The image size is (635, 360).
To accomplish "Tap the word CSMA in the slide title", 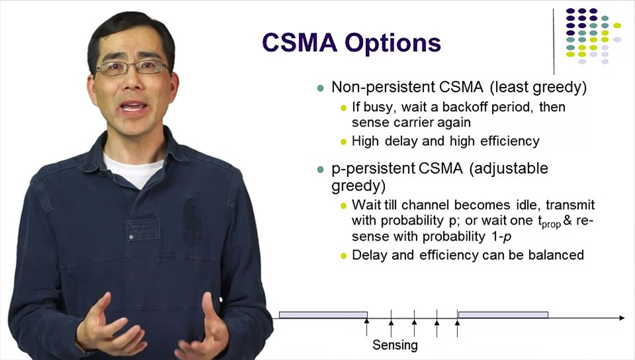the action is click(300, 43).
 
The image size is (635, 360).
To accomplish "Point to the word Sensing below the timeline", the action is click(395, 345).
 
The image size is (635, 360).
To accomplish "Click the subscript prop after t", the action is click(551, 224).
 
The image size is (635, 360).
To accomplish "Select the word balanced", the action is click(556, 255).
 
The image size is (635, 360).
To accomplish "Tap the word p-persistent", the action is click(373, 169).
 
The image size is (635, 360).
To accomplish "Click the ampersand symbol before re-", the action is click(568, 220).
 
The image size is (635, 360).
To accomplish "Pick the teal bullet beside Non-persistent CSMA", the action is click(320, 88).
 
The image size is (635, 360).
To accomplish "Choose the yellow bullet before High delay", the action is click(343, 141).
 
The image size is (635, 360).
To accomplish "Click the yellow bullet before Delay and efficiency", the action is click(343, 256).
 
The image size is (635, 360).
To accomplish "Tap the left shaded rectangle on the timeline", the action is click(323, 314).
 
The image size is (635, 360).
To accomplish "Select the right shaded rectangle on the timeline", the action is click(503, 314).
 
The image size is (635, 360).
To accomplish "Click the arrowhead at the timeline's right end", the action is click(622, 318).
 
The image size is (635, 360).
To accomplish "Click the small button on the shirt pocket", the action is click(131, 236).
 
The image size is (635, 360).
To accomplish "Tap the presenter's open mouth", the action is click(133, 107).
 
